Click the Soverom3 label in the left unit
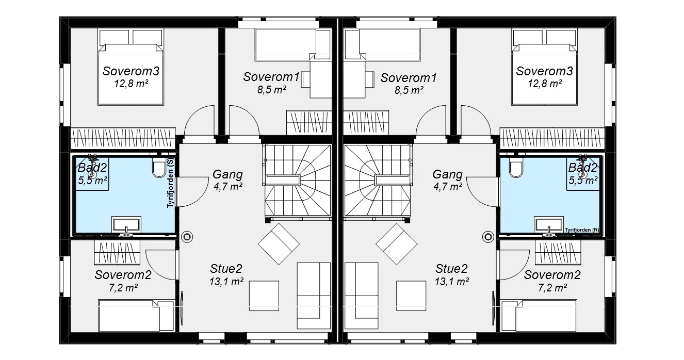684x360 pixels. click(131, 71)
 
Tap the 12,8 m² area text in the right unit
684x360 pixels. click(545, 84)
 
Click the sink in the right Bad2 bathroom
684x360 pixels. click(549, 225)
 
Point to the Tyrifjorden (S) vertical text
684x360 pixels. click(170, 183)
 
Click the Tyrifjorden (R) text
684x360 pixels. click(582, 230)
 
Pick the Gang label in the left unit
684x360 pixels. click(227, 174)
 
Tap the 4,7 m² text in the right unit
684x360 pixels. click(448, 186)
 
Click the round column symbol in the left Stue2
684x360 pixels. click(187, 237)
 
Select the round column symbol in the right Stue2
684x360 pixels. click(488, 237)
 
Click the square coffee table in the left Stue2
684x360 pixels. click(264, 296)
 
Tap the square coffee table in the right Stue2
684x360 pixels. click(411, 296)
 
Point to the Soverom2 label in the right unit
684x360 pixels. click(552, 275)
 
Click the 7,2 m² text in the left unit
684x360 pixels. click(123, 288)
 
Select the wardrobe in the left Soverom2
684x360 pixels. click(117, 252)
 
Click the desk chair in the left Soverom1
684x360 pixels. click(305, 80)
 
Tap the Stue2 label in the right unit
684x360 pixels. click(451, 269)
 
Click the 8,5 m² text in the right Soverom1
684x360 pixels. click(409, 90)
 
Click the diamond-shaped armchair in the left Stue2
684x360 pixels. click(279, 244)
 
